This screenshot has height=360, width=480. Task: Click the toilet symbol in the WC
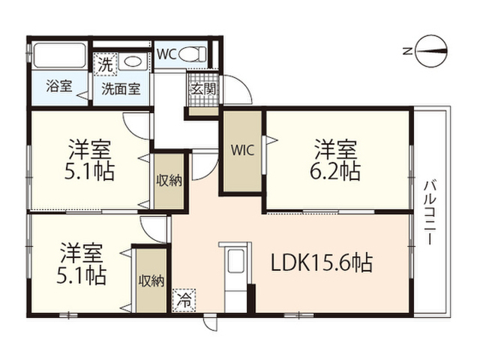[x=193, y=55]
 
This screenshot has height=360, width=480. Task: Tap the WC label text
[x=166, y=55]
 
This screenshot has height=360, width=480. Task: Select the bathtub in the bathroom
[x=59, y=55]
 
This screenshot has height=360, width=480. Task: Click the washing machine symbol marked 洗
[x=105, y=64]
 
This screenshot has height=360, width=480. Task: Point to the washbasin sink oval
[x=133, y=61]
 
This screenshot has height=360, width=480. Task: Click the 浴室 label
[x=59, y=86]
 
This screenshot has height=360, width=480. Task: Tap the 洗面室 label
[x=121, y=89]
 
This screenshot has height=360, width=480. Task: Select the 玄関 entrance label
[x=203, y=89]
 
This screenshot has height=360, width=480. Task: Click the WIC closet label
[x=242, y=150]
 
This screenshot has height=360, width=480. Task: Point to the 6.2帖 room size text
[x=335, y=171]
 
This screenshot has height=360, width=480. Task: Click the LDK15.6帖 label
[x=322, y=262]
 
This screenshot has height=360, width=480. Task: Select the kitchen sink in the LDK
[x=235, y=261]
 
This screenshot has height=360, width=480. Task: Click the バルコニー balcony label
[x=430, y=213]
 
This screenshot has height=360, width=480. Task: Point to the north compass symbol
[x=431, y=51]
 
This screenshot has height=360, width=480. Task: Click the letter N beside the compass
[x=406, y=51]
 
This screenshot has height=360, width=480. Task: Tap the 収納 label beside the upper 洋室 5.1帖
[x=169, y=181]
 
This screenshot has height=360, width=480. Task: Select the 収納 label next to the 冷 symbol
[x=151, y=281]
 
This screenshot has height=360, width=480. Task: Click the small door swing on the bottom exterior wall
[x=211, y=323]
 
